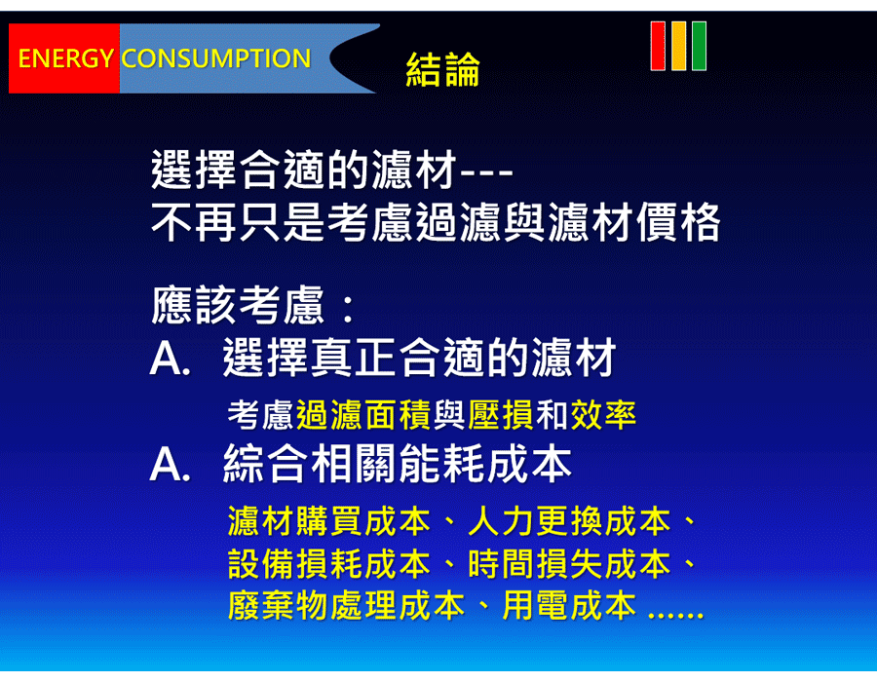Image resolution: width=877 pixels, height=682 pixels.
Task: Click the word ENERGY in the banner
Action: coord(66,58)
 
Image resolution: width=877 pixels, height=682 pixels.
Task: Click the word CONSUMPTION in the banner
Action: coord(216,58)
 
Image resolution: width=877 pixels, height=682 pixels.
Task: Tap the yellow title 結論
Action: coord(442,69)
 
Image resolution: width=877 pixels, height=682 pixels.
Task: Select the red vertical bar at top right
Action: coord(658,46)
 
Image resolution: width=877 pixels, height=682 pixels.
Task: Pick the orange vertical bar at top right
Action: coord(678,46)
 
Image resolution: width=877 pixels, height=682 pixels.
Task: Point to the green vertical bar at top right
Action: coord(699,46)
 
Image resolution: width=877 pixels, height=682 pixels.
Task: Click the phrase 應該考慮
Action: coord(238,305)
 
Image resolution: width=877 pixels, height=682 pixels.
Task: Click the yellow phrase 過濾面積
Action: coord(363,415)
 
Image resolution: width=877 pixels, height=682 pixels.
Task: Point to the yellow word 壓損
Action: coord(501,415)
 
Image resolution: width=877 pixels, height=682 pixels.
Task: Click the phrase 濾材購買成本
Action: coord(329,521)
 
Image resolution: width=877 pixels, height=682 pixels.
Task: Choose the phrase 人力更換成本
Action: coord(569,521)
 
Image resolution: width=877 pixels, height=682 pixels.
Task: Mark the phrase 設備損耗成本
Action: coord(329,564)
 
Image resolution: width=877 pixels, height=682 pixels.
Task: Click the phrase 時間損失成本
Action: coord(569,564)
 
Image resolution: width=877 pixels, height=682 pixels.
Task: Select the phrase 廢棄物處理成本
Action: coord(346,606)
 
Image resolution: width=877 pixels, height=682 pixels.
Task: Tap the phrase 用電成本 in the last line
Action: coord(569,606)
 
